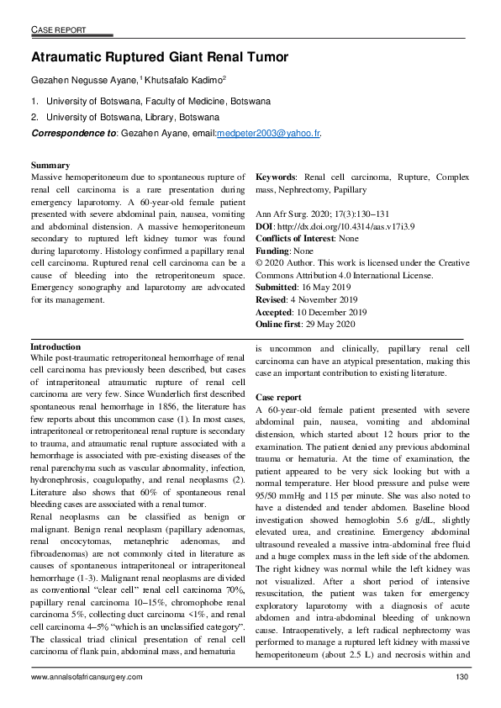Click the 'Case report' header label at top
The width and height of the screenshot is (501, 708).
click(58, 30)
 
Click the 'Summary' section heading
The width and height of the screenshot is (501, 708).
click(50, 166)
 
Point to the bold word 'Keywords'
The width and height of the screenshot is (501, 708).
click(276, 178)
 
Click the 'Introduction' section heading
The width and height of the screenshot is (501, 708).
click(55, 347)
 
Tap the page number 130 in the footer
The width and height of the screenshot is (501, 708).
click(461, 677)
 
